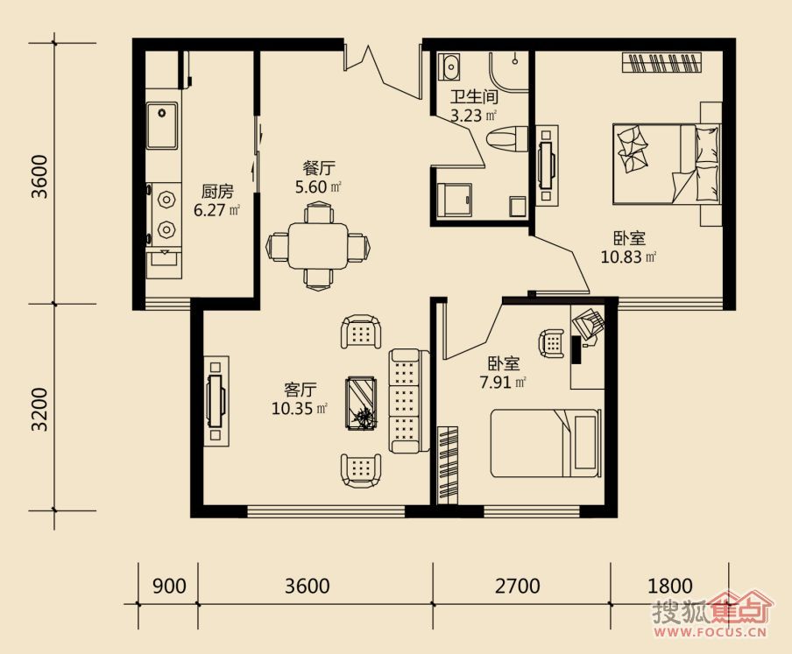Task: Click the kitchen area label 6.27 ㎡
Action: [x=216, y=210]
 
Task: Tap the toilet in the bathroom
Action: [x=506, y=138]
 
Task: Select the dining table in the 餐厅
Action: [x=318, y=246]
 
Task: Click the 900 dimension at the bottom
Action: [x=169, y=587]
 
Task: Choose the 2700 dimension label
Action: [x=517, y=587]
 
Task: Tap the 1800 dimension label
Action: [x=669, y=587]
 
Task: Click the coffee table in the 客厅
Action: [x=361, y=404]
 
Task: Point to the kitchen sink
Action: [x=162, y=126]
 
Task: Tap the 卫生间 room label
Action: [x=474, y=96]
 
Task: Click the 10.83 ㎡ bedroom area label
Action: [x=628, y=257]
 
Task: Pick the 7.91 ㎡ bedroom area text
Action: [x=503, y=382]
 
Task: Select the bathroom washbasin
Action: [x=449, y=67]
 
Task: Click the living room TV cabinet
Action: [x=216, y=401]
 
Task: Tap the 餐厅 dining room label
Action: [x=319, y=168]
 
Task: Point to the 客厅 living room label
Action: [x=300, y=390]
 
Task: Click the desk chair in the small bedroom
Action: [x=552, y=343]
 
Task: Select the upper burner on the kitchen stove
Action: [x=166, y=200]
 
